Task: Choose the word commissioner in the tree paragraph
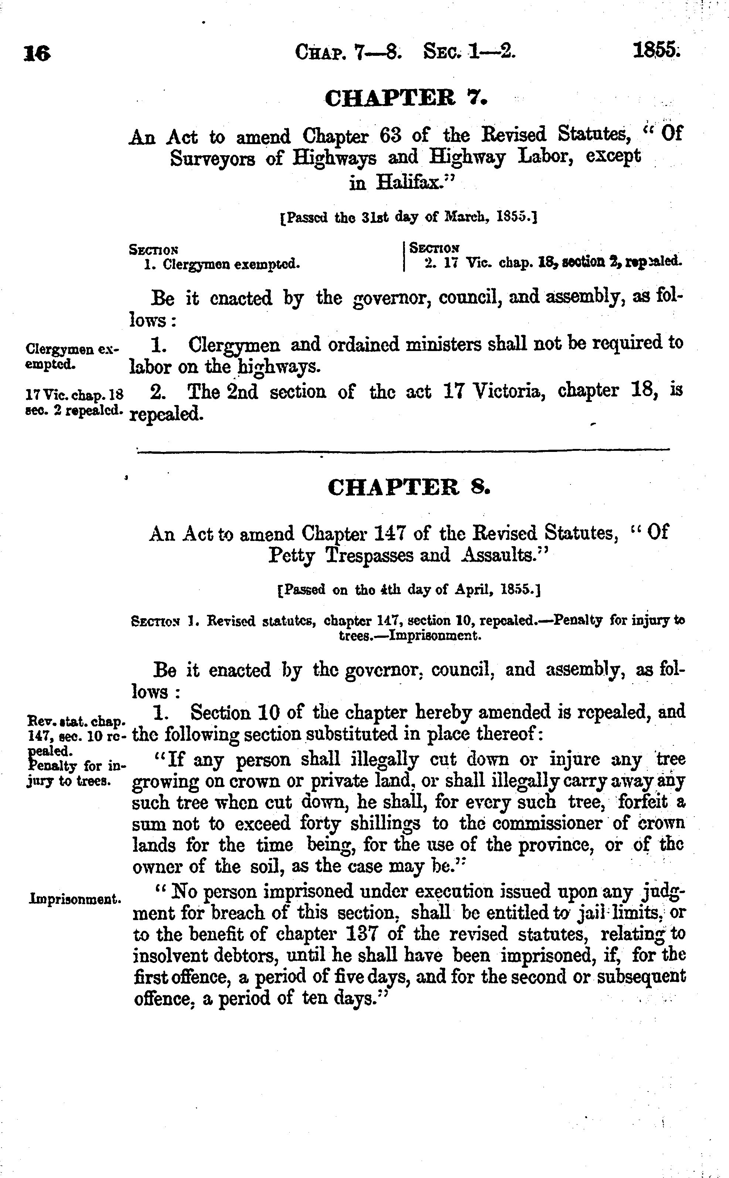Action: pos(547,823)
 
